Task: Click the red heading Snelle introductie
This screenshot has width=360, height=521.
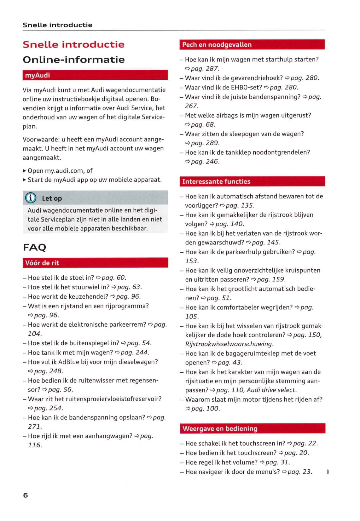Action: pos(73,44)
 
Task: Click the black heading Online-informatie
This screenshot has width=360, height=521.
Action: pos(74,60)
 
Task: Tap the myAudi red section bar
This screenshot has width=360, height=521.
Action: pos(95,75)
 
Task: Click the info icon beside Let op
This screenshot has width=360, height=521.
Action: pos(31,198)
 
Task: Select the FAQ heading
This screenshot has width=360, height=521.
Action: pos(34,247)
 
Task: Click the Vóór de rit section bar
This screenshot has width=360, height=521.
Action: pos(95,263)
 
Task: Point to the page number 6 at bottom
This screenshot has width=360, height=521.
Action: pos(26,495)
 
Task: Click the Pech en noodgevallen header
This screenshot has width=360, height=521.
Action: pos(252,45)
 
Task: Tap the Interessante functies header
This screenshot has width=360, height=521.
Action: pos(252,181)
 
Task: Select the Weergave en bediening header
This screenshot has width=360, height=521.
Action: pos(252,428)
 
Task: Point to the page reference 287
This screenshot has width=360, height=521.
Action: pos(212,69)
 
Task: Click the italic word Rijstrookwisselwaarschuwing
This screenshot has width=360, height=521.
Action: pos(229,344)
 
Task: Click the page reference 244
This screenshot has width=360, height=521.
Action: pos(142,352)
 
